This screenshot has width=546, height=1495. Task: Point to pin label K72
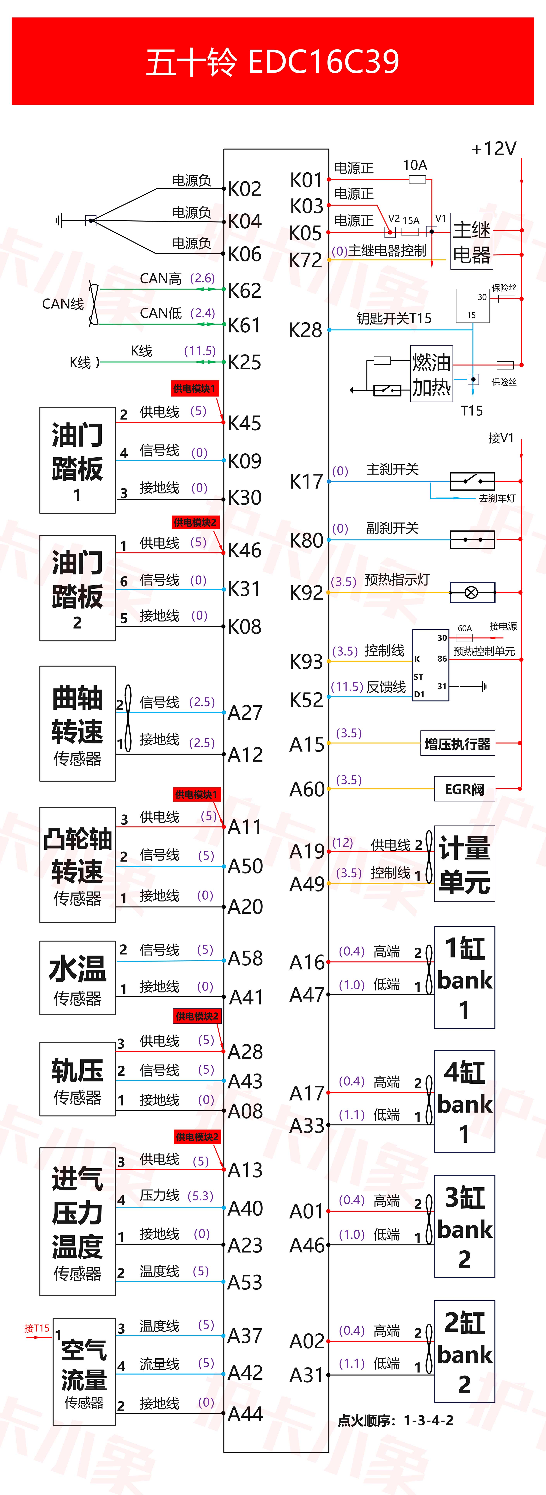(x=305, y=261)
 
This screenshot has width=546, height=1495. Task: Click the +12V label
(x=494, y=149)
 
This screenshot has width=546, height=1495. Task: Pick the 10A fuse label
(x=415, y=165)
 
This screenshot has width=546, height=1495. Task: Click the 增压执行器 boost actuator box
(x=458, y=743)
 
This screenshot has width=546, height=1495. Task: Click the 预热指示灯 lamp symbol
(x=472, y=593)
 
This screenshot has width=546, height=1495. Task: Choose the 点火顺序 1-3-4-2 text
(x=396, y=1420)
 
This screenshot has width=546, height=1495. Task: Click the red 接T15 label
(x=37, y=1328)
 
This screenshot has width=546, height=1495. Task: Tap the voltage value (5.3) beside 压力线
(x=200, y=1196)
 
